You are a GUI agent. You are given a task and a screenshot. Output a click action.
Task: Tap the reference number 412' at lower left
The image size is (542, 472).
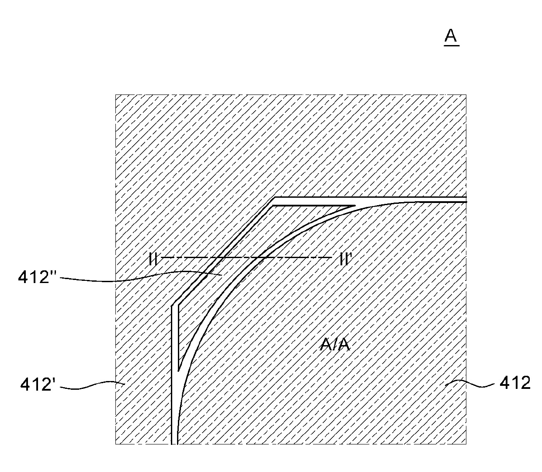[38, 385]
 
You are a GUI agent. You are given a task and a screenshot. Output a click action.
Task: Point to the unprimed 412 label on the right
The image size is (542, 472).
[514, 383]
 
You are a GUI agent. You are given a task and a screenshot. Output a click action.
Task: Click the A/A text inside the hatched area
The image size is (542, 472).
[335, 345]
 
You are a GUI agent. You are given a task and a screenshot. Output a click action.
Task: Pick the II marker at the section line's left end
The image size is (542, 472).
[153, 259]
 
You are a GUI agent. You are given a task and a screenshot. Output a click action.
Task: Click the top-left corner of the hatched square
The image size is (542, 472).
[115, 94]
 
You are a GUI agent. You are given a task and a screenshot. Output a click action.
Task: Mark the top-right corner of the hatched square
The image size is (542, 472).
[466, 94]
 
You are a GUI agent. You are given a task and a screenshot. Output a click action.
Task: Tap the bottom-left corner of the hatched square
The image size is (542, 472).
[115, 444]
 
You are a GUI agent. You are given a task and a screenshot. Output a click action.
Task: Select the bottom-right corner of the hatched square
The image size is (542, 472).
[466, 444]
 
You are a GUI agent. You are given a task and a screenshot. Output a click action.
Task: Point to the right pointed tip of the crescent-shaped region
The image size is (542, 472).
[355, 205]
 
